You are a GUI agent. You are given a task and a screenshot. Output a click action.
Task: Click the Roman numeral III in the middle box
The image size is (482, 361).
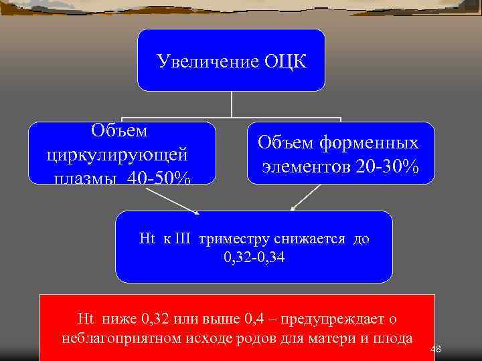click(x=183, y=239)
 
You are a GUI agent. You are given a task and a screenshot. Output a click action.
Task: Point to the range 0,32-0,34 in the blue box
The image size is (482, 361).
click(x=254, y=257)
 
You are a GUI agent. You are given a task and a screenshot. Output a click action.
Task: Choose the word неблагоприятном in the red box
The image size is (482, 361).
click(x=120, y=338)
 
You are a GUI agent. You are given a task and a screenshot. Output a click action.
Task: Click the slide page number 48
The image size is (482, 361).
click(x=435, y=349)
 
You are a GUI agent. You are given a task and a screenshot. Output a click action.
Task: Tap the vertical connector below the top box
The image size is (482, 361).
click(x=232, y=105)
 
